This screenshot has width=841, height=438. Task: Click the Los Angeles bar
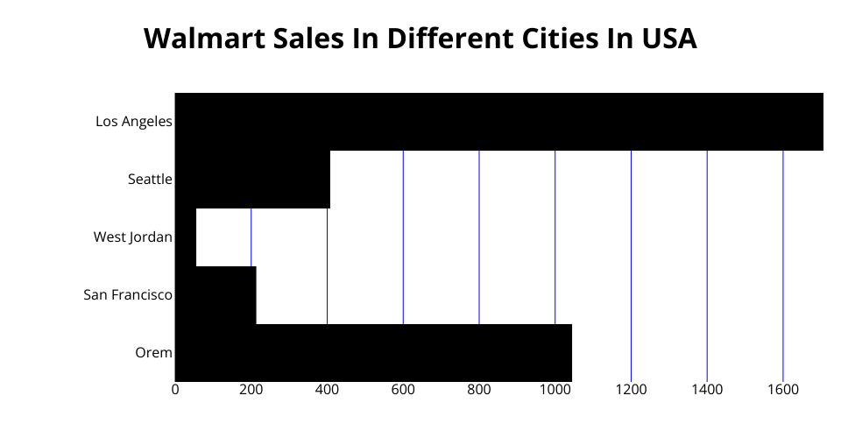click(x=499, y=122)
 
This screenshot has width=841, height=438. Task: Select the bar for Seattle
click(x=253, y=180)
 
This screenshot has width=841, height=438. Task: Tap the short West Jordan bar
click(x=186, y=237)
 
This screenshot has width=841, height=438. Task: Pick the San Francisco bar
click(x=216, y=294)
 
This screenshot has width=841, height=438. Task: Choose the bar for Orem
click(x=373, y=352)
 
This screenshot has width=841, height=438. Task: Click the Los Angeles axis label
click(x=134, y=122)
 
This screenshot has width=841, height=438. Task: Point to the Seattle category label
click(x=150, y=180)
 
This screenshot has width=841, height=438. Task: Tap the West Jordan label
click(x=133, y=237)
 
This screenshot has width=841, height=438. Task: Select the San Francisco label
click(x=128, y=294)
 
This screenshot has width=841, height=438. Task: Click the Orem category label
click(x=153, y=352)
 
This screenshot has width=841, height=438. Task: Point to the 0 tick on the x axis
click(x=175, y=390)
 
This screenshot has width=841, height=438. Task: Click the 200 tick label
click(x=251, y=390)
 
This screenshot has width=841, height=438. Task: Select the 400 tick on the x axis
click(x=327, y=390)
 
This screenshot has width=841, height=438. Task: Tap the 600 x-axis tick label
click(x=403, y=390)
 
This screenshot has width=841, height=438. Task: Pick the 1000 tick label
click(x=555, y=390)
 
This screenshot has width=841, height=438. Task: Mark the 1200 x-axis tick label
click(x=631, y=390)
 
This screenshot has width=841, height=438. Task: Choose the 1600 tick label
click(x=782, y=390)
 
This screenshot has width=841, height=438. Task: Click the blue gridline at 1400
click(x=707, y=263)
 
